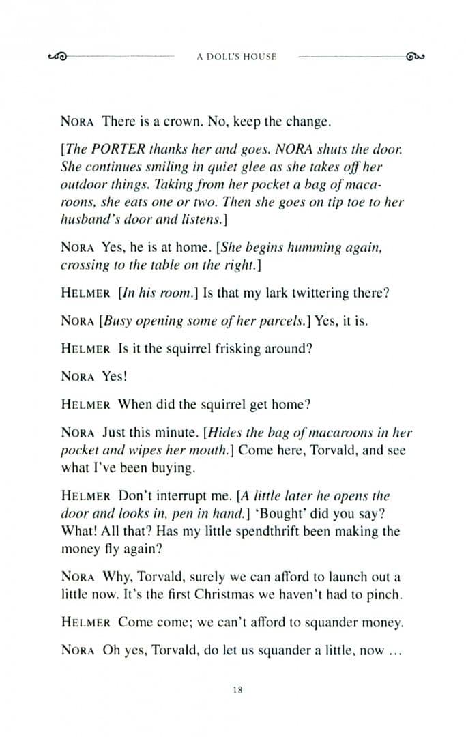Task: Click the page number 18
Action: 237,690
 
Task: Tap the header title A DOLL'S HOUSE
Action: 236,57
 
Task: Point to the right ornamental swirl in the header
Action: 415,57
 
